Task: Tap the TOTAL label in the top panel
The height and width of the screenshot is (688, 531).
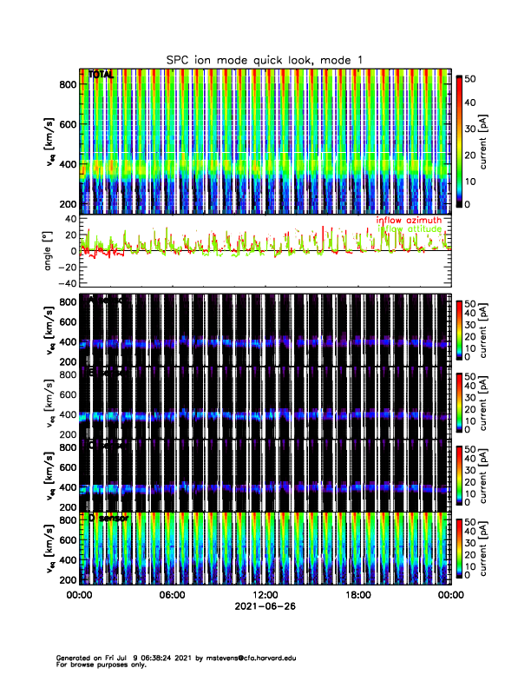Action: click(101, 76)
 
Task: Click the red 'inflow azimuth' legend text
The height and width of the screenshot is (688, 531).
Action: click(409, 221)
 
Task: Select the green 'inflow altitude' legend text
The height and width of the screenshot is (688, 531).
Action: click(409, 229)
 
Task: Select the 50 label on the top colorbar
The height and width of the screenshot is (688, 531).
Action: click(471, 79)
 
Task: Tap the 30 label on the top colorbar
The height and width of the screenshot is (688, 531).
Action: click(471, 129)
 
